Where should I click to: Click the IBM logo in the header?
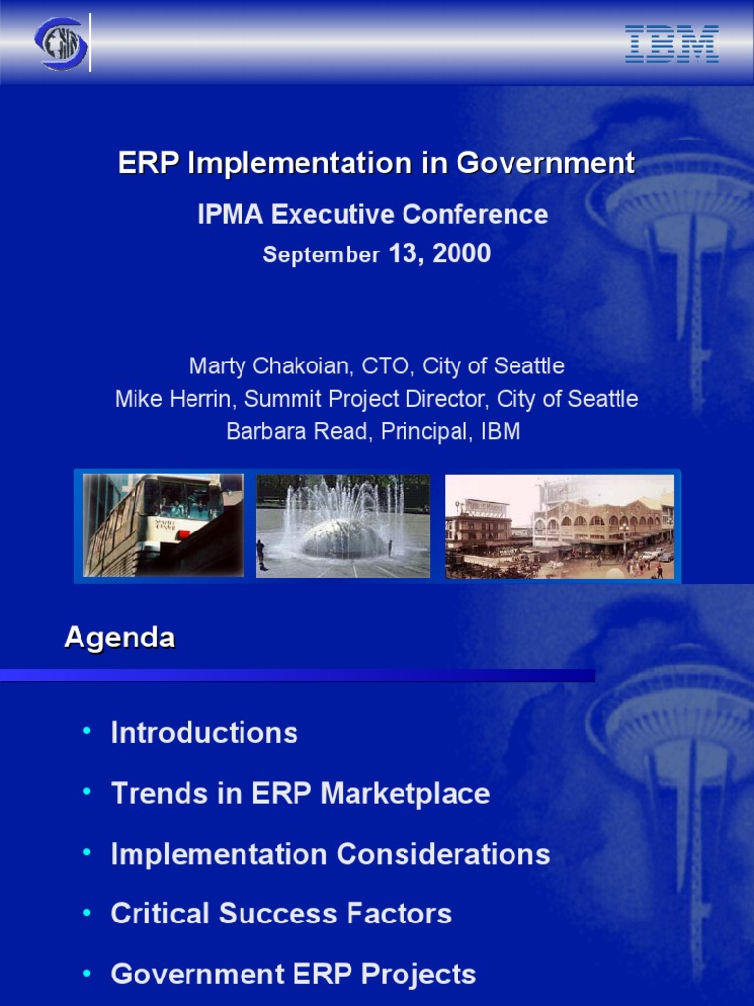(673, 44)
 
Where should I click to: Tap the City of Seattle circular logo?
(61, 43)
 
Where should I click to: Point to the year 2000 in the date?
(461, 254)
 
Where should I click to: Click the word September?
(321, 255)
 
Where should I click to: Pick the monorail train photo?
(163, 525)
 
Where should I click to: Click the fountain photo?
(343, 525)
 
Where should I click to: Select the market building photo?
(559, 525)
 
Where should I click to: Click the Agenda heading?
(119, 638)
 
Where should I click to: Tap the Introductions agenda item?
(204, 733)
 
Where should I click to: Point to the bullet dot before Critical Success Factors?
(87, 913)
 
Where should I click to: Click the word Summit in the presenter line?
(282, 399)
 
